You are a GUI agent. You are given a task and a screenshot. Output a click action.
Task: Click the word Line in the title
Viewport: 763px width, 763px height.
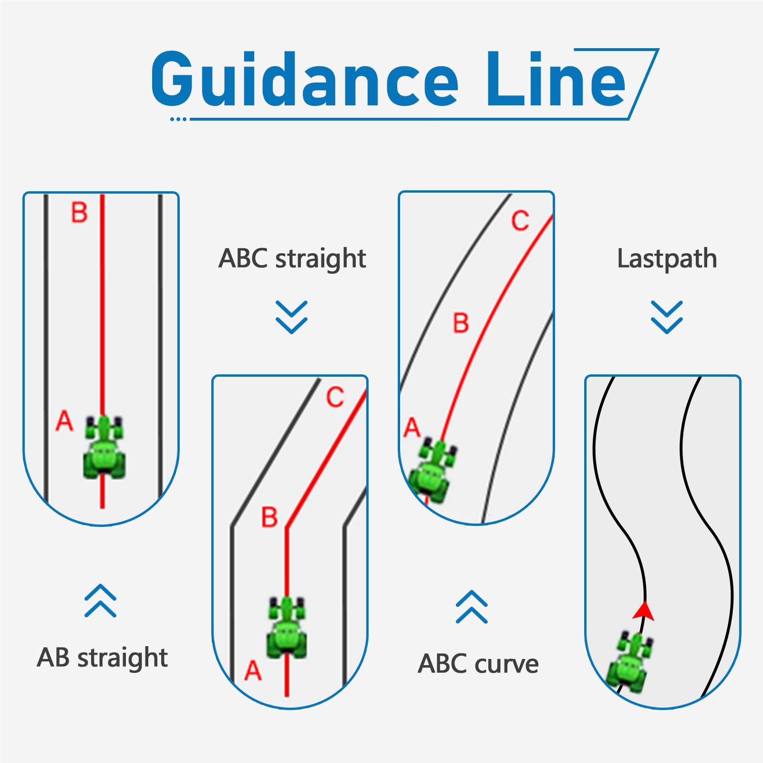point(556,79)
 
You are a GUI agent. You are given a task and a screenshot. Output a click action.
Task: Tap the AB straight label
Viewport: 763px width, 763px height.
point(102,658)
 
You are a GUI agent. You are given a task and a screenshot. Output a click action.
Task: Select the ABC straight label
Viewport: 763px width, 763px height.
point(292,259)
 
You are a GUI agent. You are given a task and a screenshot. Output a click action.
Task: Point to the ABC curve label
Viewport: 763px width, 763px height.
point(478,664)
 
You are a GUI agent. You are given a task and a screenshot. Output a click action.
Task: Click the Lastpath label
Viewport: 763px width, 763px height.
point(667,259)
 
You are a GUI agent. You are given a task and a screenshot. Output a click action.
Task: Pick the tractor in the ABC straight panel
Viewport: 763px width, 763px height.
point(287,627)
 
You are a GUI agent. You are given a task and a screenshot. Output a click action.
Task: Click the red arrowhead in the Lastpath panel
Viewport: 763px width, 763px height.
point(644,611)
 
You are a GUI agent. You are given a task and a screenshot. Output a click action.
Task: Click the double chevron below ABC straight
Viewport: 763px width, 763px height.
point(292,317)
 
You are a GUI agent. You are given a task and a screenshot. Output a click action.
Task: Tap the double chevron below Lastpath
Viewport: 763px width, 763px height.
point(667,317)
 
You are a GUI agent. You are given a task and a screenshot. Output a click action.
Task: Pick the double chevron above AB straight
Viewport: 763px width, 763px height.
point(101,601)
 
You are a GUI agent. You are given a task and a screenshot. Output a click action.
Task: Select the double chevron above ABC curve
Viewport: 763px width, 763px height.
point(472,607)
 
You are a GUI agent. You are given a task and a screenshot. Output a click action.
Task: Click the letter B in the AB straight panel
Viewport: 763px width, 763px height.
point(79,213)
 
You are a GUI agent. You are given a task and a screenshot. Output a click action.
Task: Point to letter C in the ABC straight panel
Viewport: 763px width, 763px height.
point(335,397)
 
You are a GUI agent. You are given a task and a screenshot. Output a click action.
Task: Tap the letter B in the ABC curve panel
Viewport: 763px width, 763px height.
point(461,323)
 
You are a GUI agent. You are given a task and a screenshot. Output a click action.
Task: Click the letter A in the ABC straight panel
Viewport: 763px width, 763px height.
point(253,670)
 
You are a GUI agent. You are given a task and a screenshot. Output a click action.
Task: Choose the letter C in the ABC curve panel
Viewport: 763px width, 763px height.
point(520,221)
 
